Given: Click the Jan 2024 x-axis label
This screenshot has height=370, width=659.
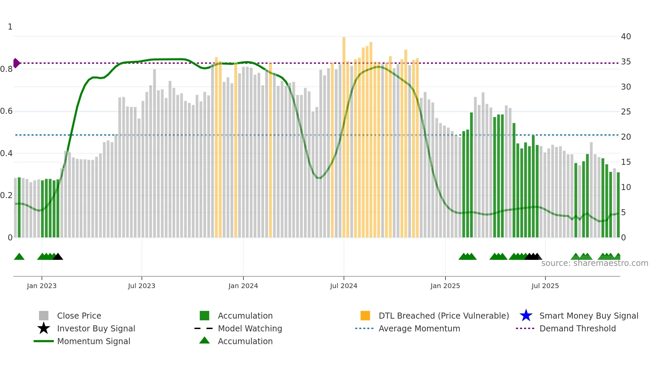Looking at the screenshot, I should [x=243, y=286].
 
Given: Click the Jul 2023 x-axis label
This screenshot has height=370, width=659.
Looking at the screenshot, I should [x=142, y=286].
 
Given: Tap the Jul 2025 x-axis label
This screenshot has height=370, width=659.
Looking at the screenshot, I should [x=545, y=286].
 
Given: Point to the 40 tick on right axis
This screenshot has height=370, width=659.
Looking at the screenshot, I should [x=626, y=37].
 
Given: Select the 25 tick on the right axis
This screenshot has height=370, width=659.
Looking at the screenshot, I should [x=626, y=112].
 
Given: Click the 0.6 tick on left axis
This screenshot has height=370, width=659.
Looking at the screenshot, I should [x=6, y=111].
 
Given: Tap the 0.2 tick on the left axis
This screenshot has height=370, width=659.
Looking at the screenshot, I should [x=6, y=195].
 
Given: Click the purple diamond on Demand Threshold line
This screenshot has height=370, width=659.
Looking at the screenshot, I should [x=16, y=63].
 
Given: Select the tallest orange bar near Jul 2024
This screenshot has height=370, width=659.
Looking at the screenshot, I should [x=344, y=134].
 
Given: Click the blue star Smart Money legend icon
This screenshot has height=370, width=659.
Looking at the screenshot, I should [x=526, y=316].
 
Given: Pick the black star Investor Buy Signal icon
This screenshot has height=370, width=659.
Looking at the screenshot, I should [x=44, y=328].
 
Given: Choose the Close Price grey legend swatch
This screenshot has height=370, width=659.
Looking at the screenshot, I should [x=44, y=316].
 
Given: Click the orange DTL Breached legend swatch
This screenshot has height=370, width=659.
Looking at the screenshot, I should [x=365, y=316].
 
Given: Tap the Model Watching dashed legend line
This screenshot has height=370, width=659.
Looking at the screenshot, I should [x=204, y=328].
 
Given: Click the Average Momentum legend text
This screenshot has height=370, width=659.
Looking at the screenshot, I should [x=419, y=328].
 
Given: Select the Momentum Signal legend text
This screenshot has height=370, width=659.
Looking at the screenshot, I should [x=93, y=341].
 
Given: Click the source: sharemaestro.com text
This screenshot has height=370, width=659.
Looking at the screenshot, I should [x=594, y=263].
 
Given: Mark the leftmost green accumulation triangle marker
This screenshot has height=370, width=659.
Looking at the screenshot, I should [x=19, y=257].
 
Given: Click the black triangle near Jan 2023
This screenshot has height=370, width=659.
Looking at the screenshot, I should [x=58, y=257].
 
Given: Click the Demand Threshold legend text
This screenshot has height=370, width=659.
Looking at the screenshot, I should [x=577, y=328].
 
